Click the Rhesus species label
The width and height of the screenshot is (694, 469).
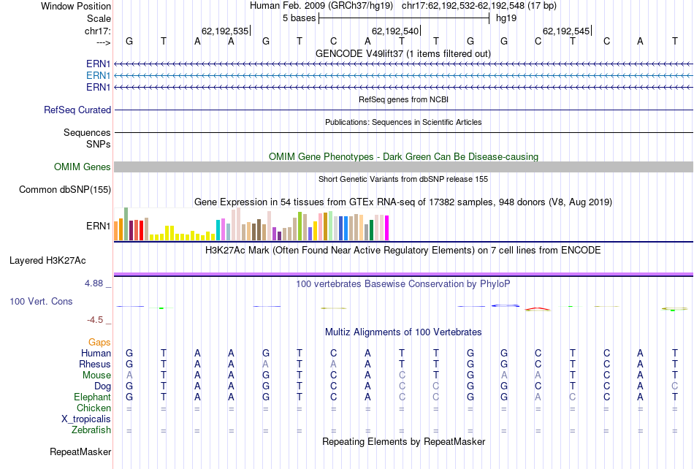click(95, 365)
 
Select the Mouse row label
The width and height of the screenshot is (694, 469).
click(96, 375)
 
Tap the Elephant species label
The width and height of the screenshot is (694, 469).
click(92, 397)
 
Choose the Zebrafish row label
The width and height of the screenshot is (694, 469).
click(91, 430)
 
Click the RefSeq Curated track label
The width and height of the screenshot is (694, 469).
click(77, 110)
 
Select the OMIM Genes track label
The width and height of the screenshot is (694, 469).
click(83, 167)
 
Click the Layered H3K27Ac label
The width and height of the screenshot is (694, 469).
click(47, 260)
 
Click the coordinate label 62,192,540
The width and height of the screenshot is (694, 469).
click(395, 31)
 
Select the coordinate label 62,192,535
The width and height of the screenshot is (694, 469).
click(224, 31)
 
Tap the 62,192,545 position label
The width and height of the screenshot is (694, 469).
click(565, 31)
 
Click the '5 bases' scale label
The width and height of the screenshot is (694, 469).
click(298, 18)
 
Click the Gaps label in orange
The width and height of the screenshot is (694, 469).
click(99, 342)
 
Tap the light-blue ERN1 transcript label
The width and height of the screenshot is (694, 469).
click(98, 75)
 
